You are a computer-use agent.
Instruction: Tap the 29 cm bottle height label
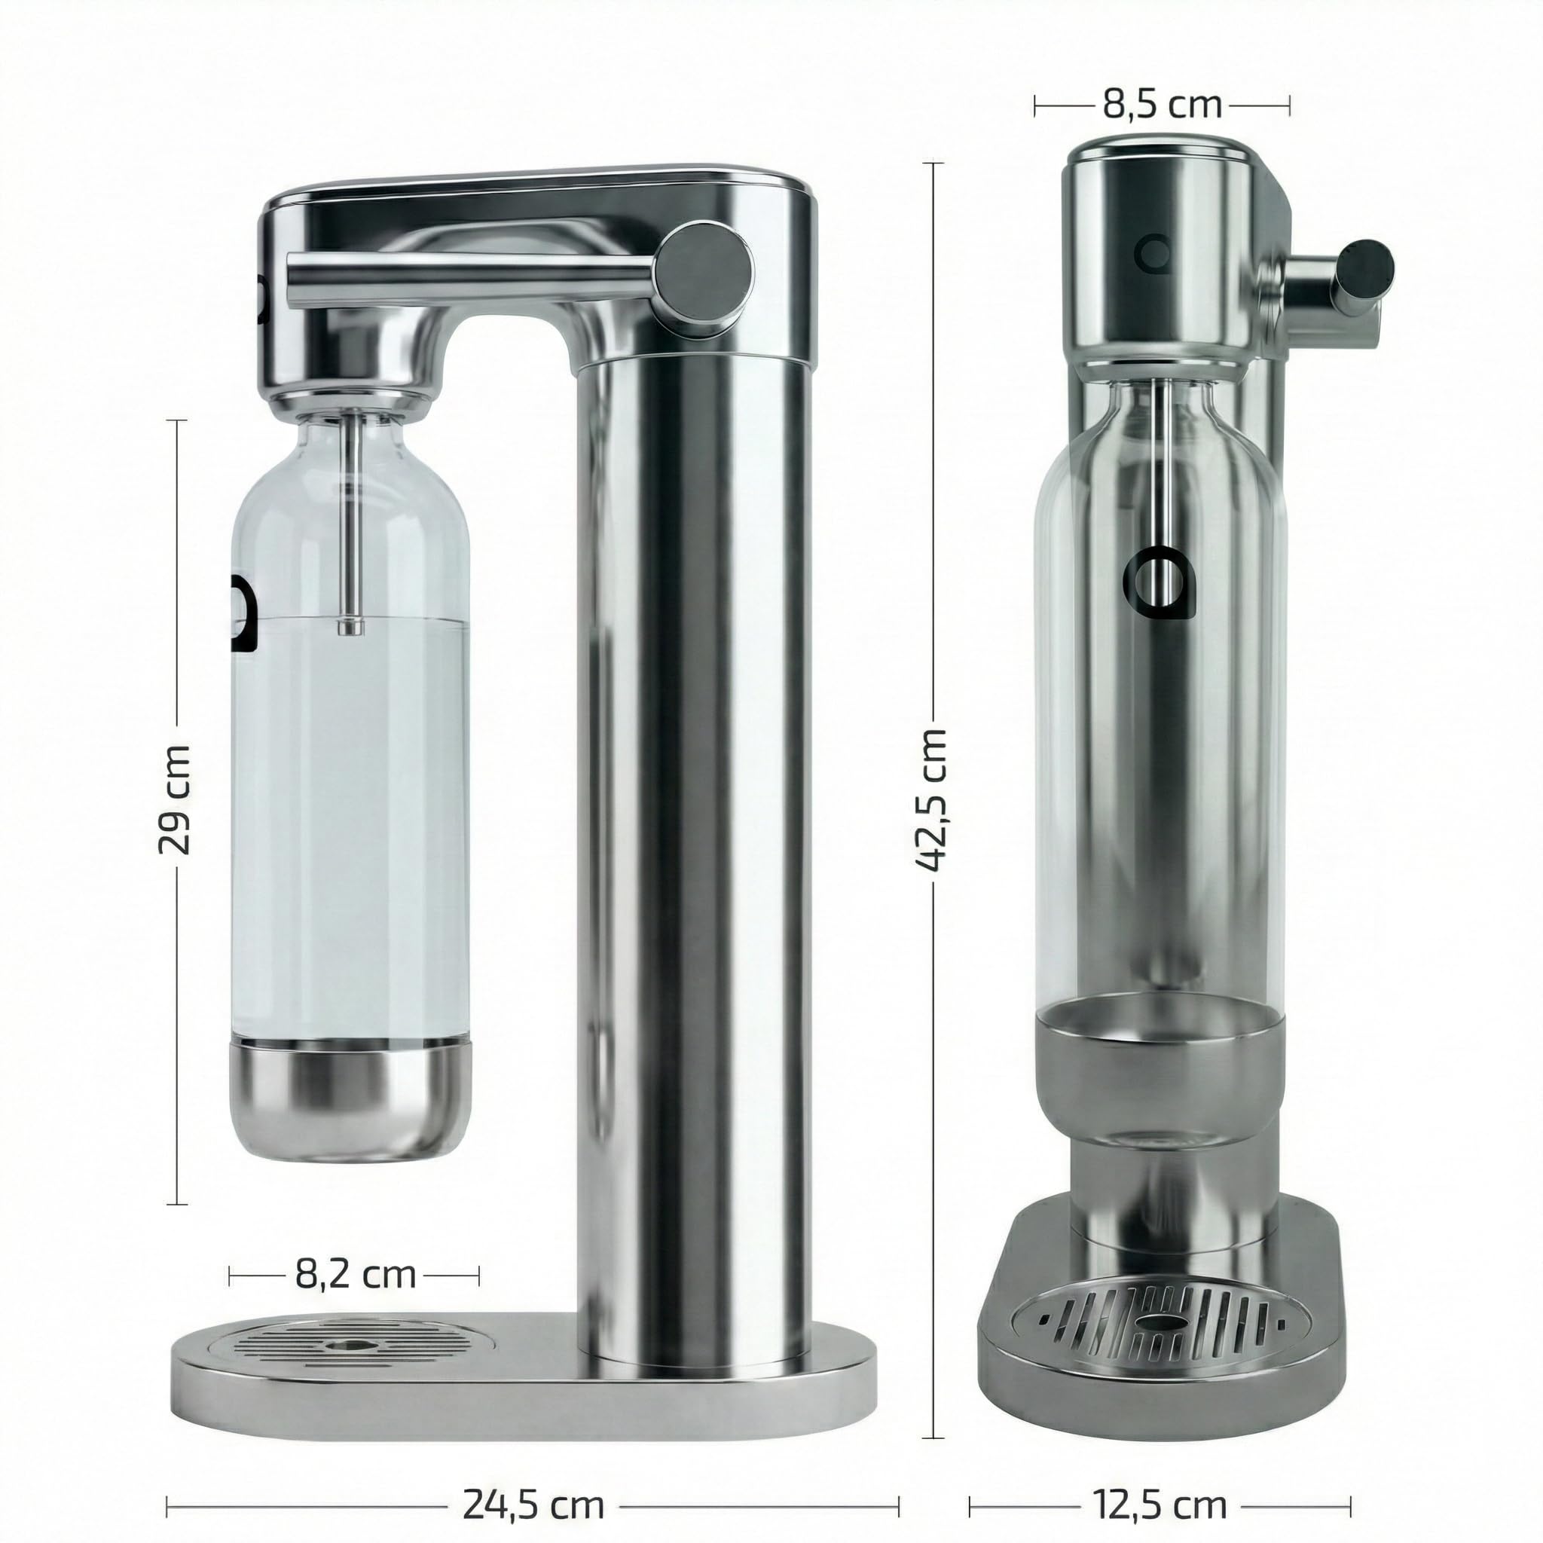(174, 799)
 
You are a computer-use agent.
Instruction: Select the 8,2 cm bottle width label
(356, 1273)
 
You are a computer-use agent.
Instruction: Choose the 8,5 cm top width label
(1162, 105)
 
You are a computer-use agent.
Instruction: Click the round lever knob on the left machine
(704, 270)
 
